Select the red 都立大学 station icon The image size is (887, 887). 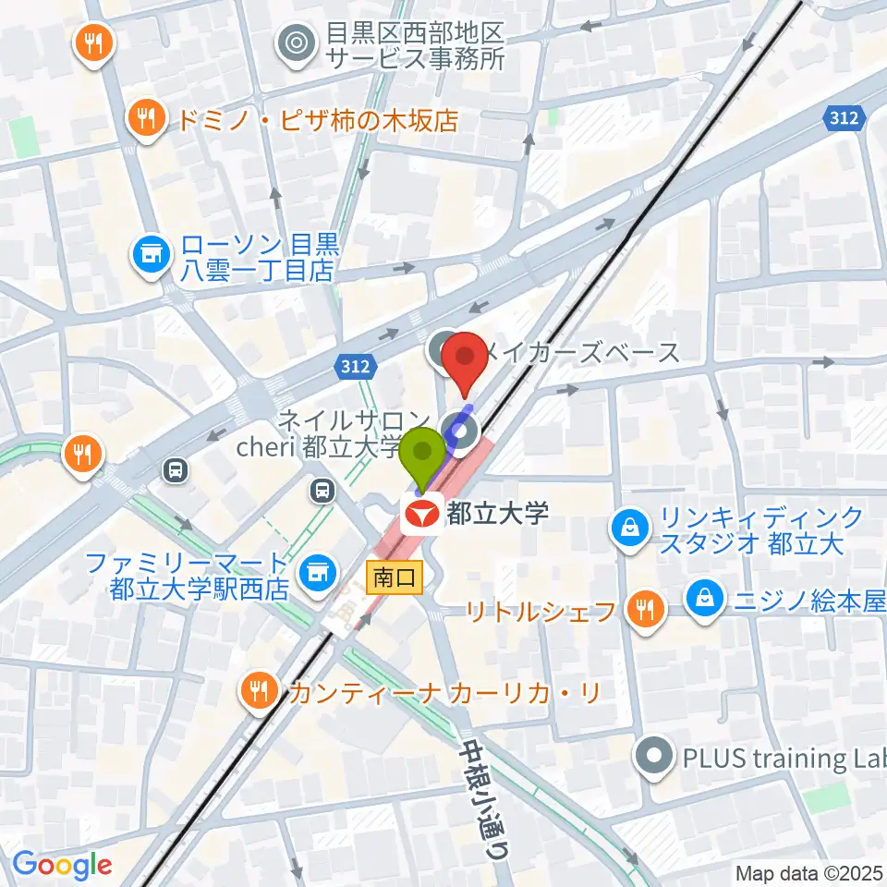point(420,513)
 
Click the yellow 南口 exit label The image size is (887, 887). point(395,578)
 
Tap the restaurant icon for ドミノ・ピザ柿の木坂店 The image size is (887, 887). point(146,118)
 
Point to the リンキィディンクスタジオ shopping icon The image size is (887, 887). point(628,529)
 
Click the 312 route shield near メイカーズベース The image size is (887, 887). point(356,367)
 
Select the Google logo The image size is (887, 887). point(62,865)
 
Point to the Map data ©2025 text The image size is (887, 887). point(809,872)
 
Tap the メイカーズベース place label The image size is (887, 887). point(582,352)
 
